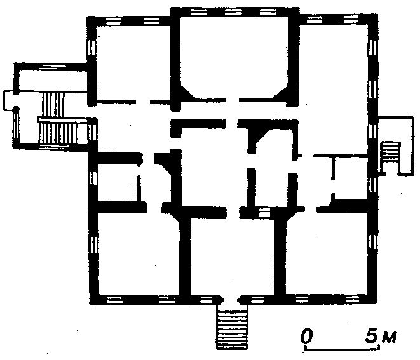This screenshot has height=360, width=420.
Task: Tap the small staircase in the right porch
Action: [391, 152]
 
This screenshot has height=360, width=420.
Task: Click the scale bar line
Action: [342, 349]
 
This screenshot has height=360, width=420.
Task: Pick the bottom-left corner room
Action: [139, 253]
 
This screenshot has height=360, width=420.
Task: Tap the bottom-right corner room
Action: [326, 253]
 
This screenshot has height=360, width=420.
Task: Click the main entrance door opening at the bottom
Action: [232, 300]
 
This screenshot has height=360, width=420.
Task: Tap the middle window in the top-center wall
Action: [234, 12]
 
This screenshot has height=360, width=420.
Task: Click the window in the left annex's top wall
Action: [53, 67]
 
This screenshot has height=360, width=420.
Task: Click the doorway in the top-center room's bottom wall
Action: [233, 100]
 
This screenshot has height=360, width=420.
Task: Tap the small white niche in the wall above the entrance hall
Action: [263, 213]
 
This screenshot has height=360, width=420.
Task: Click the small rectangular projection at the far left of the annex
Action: [8, 101]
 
